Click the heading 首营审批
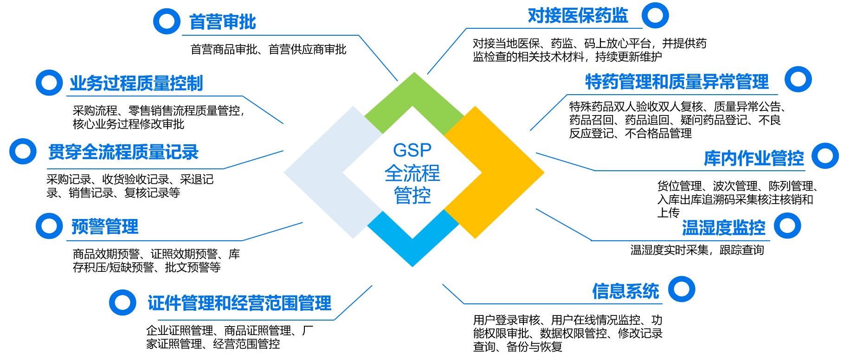(x=222, y=22)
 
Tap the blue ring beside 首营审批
(x=167, y=21)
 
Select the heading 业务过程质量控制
(x=136, y=84)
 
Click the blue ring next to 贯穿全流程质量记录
(x=23, y=151)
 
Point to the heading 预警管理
(x=105, y=227)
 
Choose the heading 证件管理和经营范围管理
(x=239, y=303)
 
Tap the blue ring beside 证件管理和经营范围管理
(x=122, y=302)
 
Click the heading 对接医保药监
(x=578, y=16)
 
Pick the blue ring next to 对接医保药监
(x=655, y=15)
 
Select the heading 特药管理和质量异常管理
(x=677, y=82)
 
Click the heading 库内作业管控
(x=753, y=159)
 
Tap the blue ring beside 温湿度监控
(x=787, y=226)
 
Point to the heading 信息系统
(x=625, y=291)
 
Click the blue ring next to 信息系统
(x=682, y=289)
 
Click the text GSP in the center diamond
(x=412, y=150)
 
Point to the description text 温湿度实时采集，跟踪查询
(x=697, y=250)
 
